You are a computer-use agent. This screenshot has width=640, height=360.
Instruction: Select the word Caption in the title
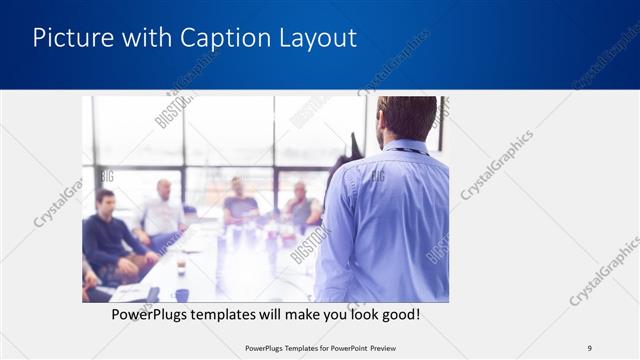[223, 38]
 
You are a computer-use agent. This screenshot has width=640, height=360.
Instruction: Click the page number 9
[589, 347]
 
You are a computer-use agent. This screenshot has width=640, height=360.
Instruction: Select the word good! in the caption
[398, 315]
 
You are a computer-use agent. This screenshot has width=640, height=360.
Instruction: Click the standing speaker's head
[406, 118]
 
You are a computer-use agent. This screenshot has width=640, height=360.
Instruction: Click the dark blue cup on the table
[181, 294]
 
